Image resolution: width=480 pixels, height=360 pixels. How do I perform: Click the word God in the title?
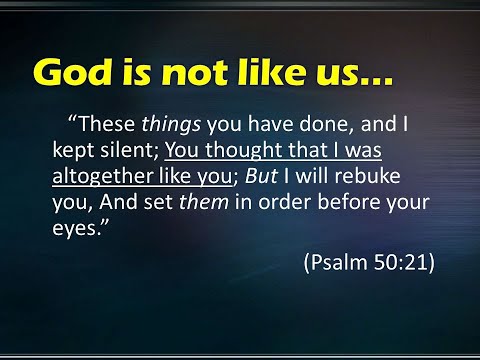point(71,71)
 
